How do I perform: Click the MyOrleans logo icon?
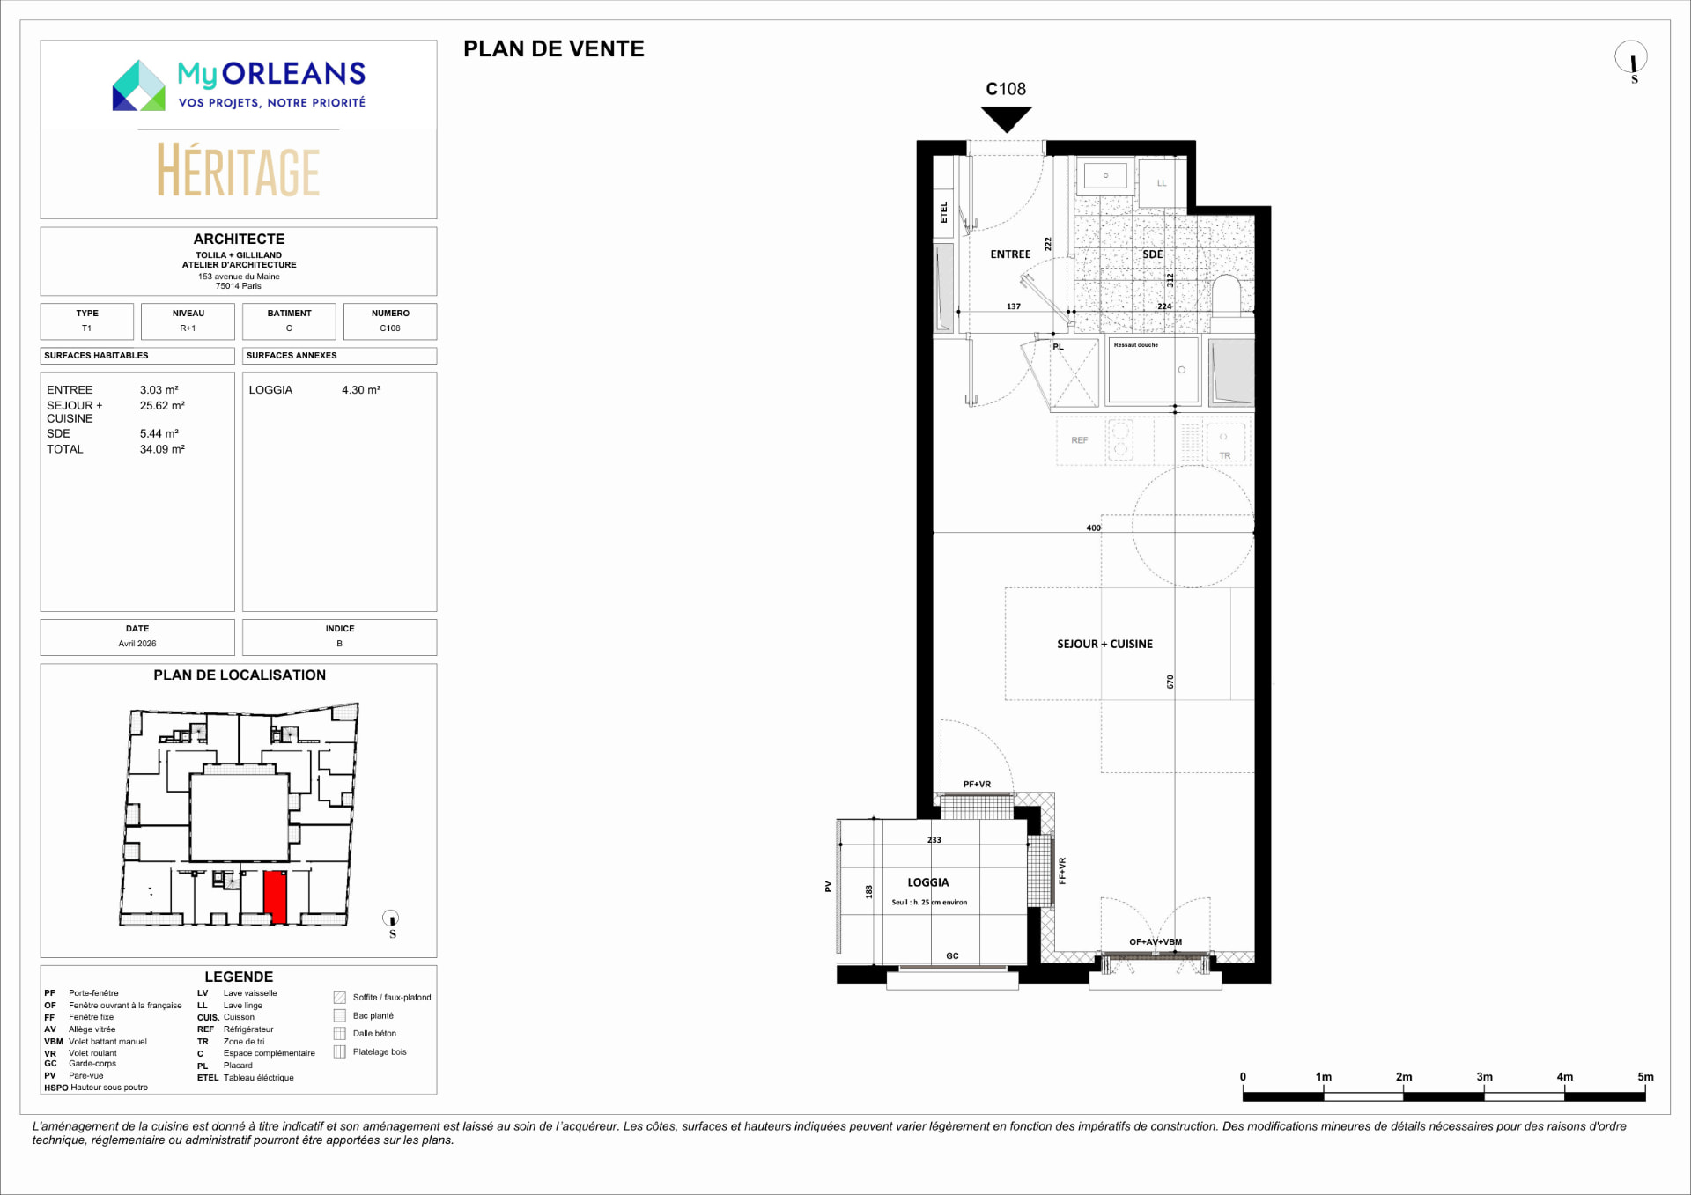click(138, 85)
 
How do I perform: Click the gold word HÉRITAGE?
click(238, 170)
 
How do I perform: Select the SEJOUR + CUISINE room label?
click(1104, 644)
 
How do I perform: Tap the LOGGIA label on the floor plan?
click(928, 882)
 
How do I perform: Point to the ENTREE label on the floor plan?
click(1010, 254)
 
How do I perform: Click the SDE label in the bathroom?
click(1153, 254)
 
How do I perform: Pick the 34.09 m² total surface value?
click(162, 449)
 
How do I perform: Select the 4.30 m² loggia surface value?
click(361, 389)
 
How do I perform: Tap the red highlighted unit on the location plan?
click(276, 896)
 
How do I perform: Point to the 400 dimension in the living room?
click(1093, 528)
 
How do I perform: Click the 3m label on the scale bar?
click(1484, 1077)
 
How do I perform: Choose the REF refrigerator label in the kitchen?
click(1079, 440)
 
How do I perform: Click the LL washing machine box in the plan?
click(1162, 182)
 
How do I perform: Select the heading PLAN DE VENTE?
click(554, 49)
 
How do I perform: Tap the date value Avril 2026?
click(137, 644)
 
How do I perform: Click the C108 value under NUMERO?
click(390, 328)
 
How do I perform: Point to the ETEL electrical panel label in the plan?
click(943, 212)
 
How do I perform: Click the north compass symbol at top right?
click(1631, 60)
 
